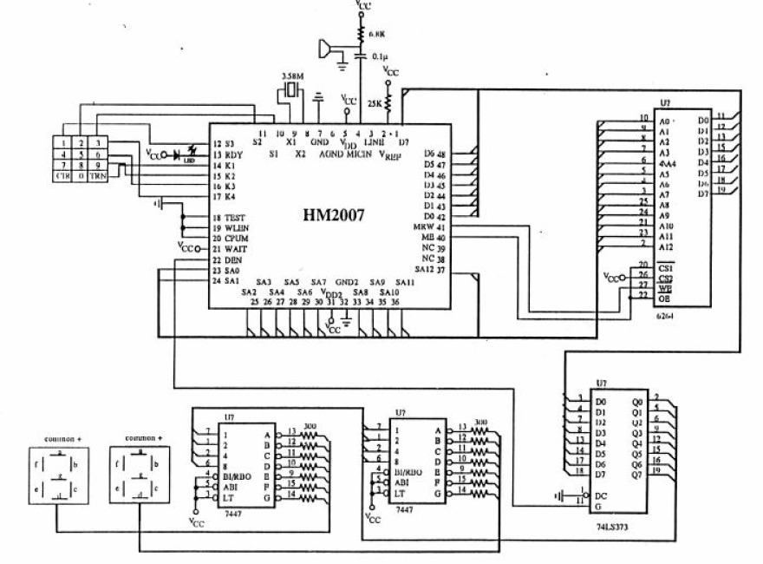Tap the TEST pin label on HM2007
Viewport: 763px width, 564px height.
(x=237, y=217)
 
